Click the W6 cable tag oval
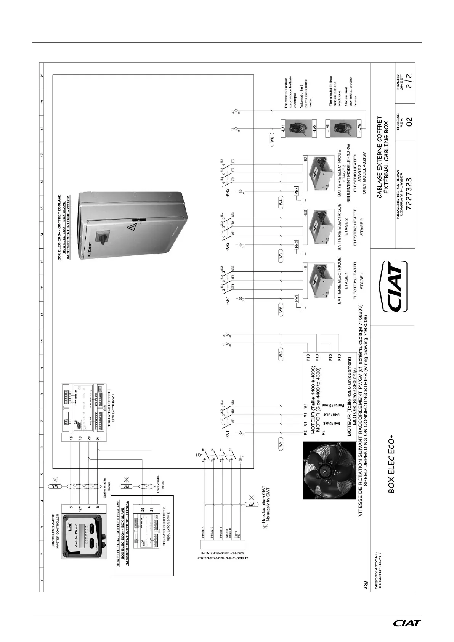[272, 140]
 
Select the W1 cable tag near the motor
[281, 443]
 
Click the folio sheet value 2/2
[409, 81]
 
